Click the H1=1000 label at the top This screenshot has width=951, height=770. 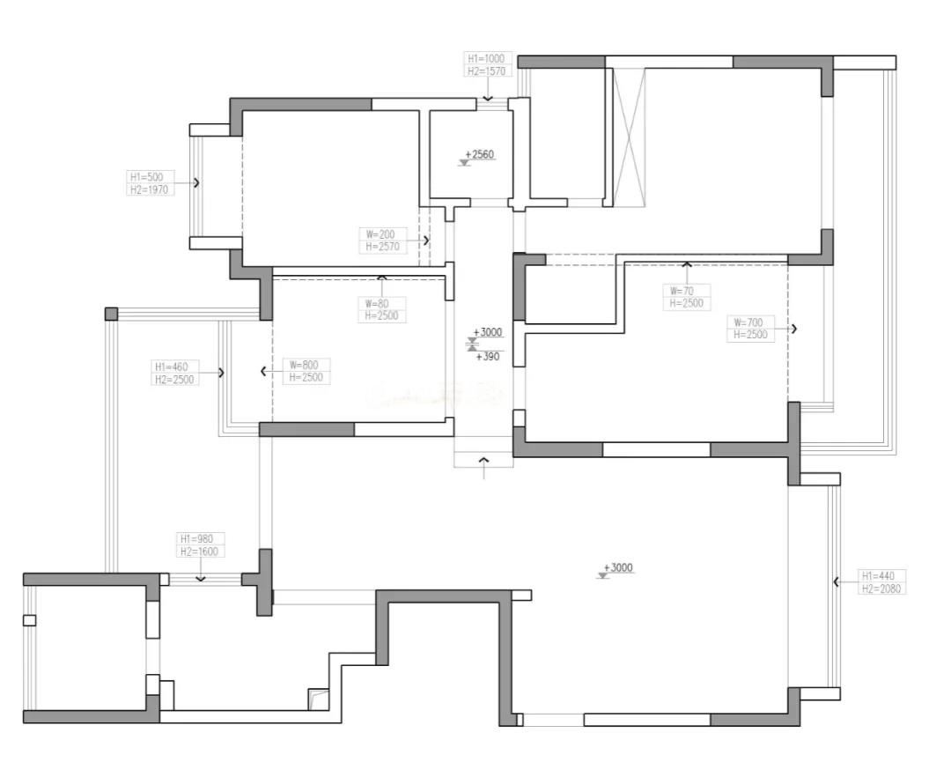(x=486, y=58)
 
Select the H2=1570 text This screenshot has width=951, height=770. (x=486, y=71)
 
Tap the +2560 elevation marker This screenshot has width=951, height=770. (x=481, y=154)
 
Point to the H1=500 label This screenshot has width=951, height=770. (x=147, y=176)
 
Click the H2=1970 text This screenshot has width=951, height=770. (x=149, y=189)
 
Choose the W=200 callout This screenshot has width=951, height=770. (x=380, y=234)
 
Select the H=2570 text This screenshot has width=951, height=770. (x=382, y=247)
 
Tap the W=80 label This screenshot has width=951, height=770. (x=377, y=303)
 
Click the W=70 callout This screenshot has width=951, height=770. (x=682, y=291)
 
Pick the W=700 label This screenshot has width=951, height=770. (x=748, y=322)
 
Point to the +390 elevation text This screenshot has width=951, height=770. (x=488, y=357)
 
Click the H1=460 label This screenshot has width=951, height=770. (x=172, y=366)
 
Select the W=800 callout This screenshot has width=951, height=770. (x=304, y=365)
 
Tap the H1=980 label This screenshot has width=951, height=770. (x=196, y=539)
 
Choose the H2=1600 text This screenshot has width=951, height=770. (x=199, y=552)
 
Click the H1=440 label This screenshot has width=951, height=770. (x=878, y=576)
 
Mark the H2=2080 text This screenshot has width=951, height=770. (x=881, y=589)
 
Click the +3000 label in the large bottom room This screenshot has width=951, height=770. (x=618, y=568)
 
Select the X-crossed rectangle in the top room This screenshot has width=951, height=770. (x=630, y=137)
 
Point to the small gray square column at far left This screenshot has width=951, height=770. (x=111, y=314)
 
